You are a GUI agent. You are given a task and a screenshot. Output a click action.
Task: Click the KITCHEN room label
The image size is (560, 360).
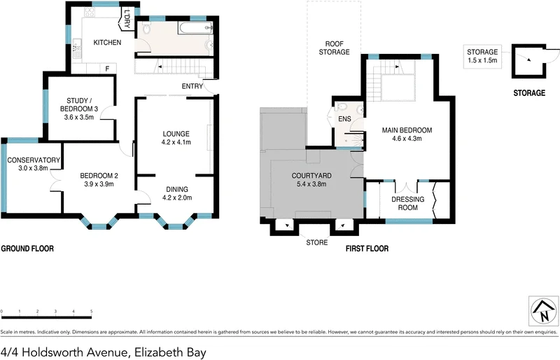pos(108,43)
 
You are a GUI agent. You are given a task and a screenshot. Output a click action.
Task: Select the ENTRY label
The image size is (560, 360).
pos(192,86)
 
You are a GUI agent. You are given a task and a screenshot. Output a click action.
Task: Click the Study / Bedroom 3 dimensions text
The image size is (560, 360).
pos(79,118)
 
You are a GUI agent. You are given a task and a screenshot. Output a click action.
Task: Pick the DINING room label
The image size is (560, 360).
pos(177,188)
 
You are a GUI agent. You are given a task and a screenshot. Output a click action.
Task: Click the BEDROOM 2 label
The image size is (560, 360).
pos(97,175)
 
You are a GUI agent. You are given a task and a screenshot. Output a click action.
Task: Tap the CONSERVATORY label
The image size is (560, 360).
pos(32,160)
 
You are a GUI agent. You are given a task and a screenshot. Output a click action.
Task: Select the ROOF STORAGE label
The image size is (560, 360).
pos(334,47)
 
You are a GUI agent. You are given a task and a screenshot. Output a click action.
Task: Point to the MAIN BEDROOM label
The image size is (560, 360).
pos(406,130)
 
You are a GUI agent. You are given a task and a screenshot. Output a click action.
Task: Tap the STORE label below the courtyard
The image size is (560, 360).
pos(316,243)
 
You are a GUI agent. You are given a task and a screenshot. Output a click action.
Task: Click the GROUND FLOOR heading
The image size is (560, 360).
pos(27,249)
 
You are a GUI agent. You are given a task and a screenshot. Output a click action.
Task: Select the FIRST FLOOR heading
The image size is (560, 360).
pos(367,249)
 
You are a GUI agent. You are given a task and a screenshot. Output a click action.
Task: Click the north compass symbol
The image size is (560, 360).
pos(543,310)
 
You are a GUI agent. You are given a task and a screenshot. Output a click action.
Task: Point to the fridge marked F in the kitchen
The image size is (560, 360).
pos(108,68)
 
